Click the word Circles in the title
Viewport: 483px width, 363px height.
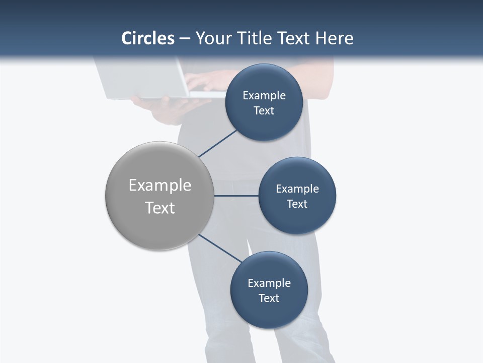147,38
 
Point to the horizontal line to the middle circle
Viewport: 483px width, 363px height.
236,196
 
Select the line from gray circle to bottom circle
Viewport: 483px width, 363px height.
220,248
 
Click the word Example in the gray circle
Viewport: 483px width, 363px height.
159,185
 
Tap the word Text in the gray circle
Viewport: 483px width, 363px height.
159,208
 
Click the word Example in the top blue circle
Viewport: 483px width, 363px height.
264,95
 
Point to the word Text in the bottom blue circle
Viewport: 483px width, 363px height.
269,298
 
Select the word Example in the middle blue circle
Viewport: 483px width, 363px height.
297,189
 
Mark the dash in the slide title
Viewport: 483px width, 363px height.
184,39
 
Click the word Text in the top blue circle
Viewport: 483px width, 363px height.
264,110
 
